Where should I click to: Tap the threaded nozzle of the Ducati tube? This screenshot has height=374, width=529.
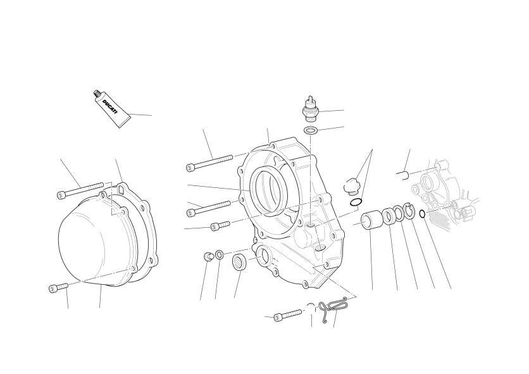[x=96, y=93]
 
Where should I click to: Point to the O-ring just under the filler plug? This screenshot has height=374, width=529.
[x=356, y=203]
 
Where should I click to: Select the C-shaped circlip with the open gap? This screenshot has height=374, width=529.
[x=409, y=211]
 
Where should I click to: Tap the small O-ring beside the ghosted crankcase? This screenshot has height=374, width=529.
[x=422, y=214]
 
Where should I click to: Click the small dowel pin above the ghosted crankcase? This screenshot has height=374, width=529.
[x=402, y=175]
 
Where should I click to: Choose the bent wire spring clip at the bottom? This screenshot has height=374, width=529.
[x=333, y=309]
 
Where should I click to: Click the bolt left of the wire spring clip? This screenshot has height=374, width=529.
[x=287, y=315]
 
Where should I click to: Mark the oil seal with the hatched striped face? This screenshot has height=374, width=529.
[x=240, y=262]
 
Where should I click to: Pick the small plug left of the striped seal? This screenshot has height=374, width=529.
[x=208, y=256]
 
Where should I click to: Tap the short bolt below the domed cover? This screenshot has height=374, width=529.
[x=58, y=287]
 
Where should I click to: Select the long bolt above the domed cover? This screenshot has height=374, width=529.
[x=80, y=190]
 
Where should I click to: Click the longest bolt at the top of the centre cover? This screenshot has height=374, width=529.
[x=209, y=163]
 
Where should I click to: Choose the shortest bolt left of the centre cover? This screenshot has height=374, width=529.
[x=220, y=226]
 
